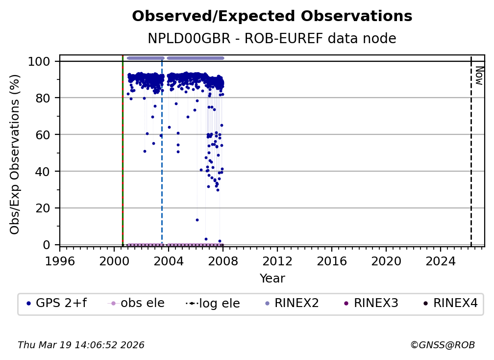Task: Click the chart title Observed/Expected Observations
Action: coord(272,16)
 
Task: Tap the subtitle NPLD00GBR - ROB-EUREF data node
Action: coord(272,39)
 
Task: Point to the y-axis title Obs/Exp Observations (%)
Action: coord(15,154)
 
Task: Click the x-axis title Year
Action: coord(272,279)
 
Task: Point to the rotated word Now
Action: coord(479,76)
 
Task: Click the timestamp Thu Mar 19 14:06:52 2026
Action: coord(81,345)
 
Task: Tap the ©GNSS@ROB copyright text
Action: coord(442,345)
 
